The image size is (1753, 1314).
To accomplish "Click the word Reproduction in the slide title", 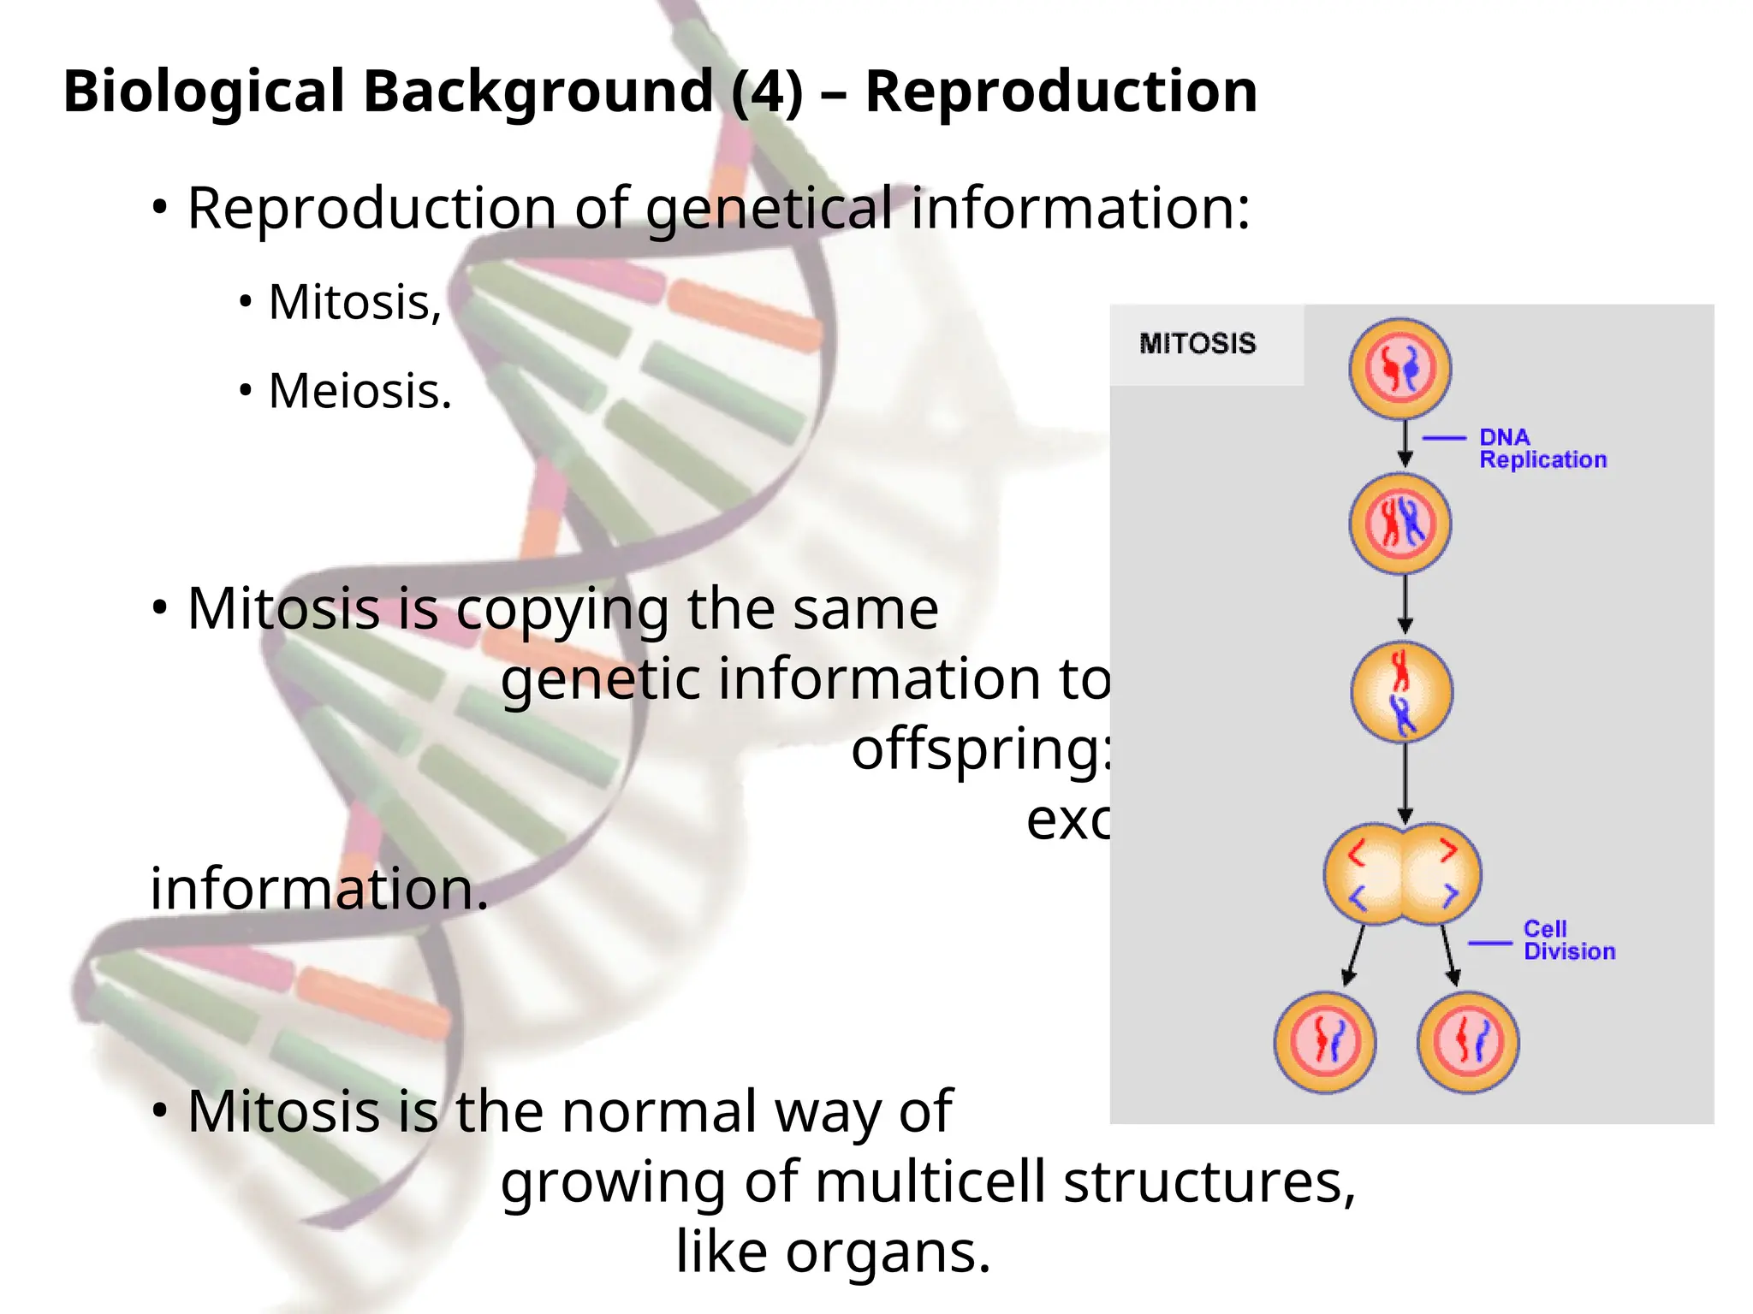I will coord(1061,92).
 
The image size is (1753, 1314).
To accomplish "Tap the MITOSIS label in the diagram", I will coord(1197,344).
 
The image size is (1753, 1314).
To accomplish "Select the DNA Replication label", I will coord(1542,449).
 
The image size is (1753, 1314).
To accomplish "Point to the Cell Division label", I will coord(1568,940).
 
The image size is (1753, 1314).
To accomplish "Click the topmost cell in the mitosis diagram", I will coord(1399,369).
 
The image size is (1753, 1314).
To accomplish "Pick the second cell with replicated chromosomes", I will coord(1399,524).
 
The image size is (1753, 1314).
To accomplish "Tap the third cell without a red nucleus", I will coord(1401,691).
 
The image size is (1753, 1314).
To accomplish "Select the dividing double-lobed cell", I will coord(1402,874).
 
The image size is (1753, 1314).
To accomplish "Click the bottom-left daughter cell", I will coord(1324,1042).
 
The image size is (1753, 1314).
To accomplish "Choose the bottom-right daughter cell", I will coord(1467,1042).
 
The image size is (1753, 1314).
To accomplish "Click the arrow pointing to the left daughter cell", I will coord(1353,955).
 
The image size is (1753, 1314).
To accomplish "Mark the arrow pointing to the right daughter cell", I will coord(1448,955).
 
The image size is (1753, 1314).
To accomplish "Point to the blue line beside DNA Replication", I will coord(1444,438).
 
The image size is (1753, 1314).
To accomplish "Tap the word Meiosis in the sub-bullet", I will coord(359,392).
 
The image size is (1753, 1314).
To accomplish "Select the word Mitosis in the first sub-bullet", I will coord(354,303).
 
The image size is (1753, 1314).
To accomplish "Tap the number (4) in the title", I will coord(768,92).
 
